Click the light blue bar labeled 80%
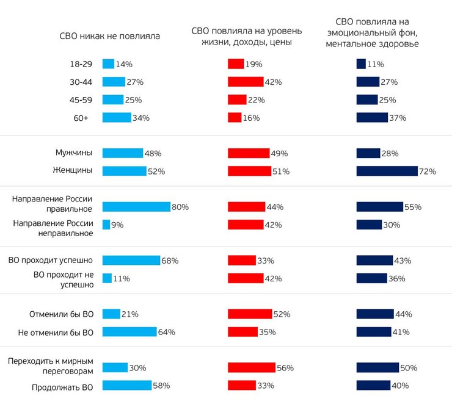click(x=136, y=207)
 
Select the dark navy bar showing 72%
click(x=387, y=171)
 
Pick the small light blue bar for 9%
click(x=106, y=225)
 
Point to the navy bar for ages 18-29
click(x=361, y=63)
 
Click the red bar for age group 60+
click(x=235, y=118)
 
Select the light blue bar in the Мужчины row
click(x=123, y=153)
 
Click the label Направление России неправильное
click(x=53, y=225)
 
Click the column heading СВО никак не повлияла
click(x=109, y=35)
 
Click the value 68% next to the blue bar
click(x=170, y=261)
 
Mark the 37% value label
click(x=398, y=118)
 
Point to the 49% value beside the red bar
click(x=280, y=153)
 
